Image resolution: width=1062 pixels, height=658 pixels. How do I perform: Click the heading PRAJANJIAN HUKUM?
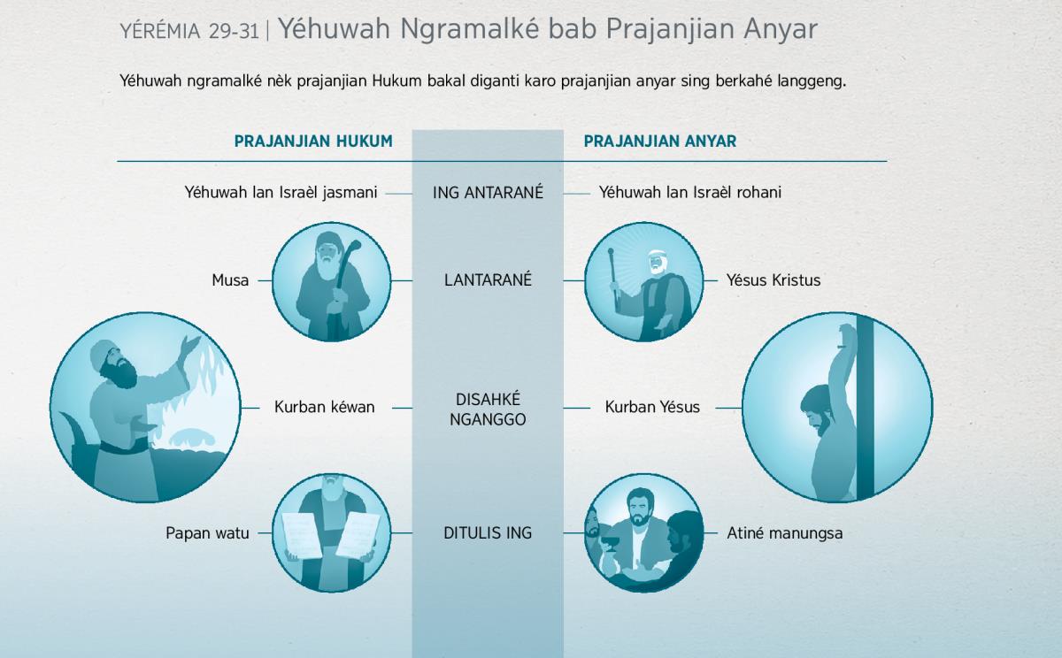pyautogui.click(x=313, y=142)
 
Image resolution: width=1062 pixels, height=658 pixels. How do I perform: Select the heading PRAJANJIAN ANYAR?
pyautogui.click(x=660, y=142)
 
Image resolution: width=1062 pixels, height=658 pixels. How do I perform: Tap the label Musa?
pyautogui.click(x=230, y=280)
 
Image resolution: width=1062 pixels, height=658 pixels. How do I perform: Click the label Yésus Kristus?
pyautogui.click(x=773, y=280)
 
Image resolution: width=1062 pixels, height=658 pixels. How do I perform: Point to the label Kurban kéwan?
pyautogui.click(x=324, y=407)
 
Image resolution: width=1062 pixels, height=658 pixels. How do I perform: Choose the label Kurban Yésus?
pyautogui.click(x=652, y=407)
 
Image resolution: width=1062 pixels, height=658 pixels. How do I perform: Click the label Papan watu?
pyautogui.click(x=207, y=533)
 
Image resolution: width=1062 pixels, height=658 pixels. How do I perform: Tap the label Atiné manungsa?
pyautogui.click(x=785, y=533)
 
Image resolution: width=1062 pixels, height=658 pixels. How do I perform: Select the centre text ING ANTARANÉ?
pyautogui.click(x=488, y=192)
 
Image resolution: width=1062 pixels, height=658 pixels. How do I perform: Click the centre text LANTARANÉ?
pyautogui.click(x=488, y=280)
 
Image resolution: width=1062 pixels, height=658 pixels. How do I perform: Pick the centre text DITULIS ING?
pyautogui.click(x=488, y=533)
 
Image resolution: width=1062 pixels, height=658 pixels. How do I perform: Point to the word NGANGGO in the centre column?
pyautogui.click(x=488, y=420)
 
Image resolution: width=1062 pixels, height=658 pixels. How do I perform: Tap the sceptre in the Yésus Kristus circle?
pyautogui.click(x=614, y=277)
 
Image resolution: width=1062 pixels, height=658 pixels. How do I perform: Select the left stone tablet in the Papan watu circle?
pyautogui.click(x=302, y=535)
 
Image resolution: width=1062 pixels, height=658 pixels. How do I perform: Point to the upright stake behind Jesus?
pyautogui.click(x=865, y=408)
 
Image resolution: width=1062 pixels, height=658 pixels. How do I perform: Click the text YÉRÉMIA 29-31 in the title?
pyautogui.click(x=189, y=31)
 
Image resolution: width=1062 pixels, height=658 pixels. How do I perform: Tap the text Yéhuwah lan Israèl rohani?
pyautogui.click(x=689, y=192)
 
